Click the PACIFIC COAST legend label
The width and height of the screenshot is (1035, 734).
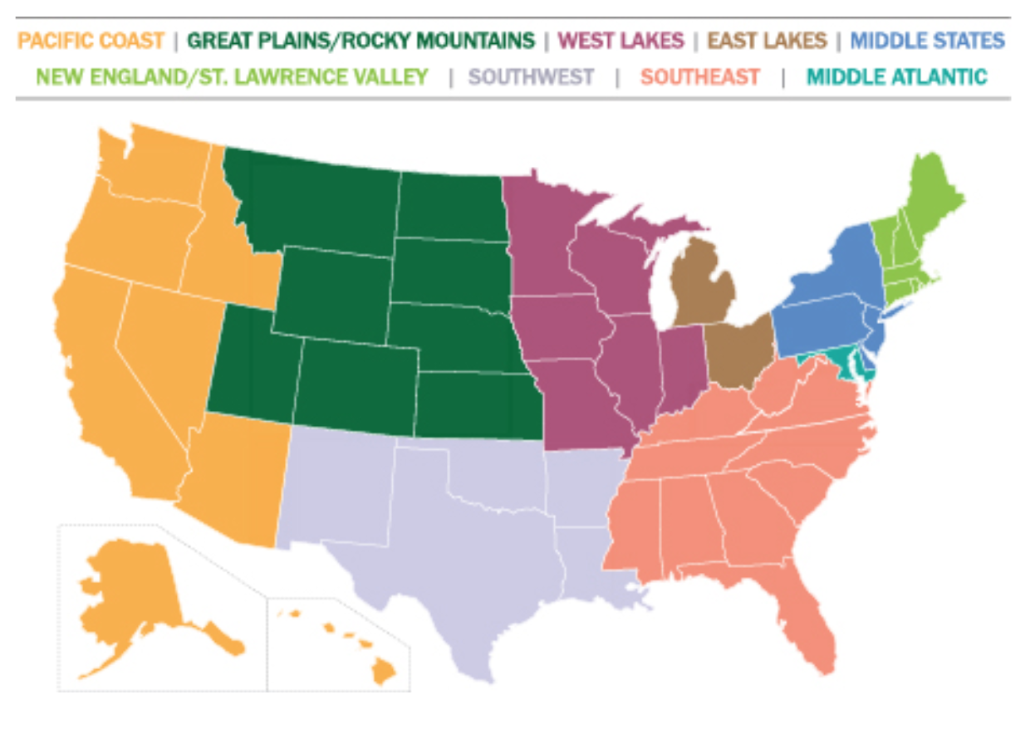pos(91,40)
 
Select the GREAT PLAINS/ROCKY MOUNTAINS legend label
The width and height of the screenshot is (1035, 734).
pos(361,40)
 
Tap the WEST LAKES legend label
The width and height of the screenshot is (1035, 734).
pos(622,40)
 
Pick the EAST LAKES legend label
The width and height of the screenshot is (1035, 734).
pos(767,40)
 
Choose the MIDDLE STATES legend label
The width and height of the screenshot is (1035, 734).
pos(928,40)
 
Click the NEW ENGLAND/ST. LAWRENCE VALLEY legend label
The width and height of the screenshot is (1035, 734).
pos(233,77)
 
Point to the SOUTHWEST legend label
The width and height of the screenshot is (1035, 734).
pos(532,77)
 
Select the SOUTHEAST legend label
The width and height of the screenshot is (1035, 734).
pos(700,77)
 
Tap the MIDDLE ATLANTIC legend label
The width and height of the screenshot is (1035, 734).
pos(897,77)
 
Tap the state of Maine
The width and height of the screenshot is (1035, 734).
pos(934,199)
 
